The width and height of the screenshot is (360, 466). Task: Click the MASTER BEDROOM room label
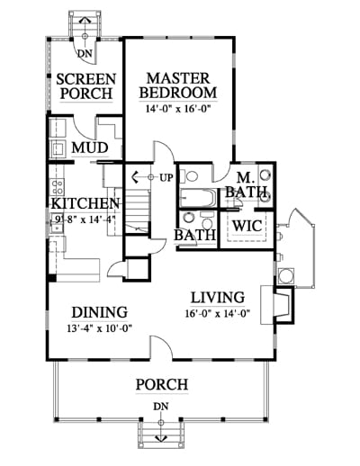click(178, 85)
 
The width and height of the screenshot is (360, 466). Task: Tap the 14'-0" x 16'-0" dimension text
click(177, 108)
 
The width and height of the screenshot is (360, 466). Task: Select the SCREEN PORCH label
click(86, 86)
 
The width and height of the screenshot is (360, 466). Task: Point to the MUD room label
click(90, 148)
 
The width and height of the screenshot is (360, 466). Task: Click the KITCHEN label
click(85, 203)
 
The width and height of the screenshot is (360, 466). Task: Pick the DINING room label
click(100, 312)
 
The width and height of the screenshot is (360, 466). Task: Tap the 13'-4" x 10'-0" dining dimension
click(100, 328)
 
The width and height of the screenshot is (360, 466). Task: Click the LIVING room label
click(218, 297)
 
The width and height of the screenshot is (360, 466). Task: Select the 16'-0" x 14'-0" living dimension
click(218, 314)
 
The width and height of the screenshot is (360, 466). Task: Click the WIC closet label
click(247, 226)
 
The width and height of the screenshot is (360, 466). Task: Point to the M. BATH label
click(247, 184)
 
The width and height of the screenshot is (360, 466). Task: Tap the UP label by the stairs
click(166, 178)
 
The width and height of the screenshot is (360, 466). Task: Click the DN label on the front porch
click(161, 407)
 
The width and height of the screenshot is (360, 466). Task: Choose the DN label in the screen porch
click(85, 54)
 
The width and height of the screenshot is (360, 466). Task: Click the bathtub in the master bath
click(198, 198)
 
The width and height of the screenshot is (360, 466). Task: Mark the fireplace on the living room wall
click(277, 305)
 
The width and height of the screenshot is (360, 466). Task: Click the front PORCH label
click(162, 384)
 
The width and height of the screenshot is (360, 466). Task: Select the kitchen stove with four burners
click(57, 186)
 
